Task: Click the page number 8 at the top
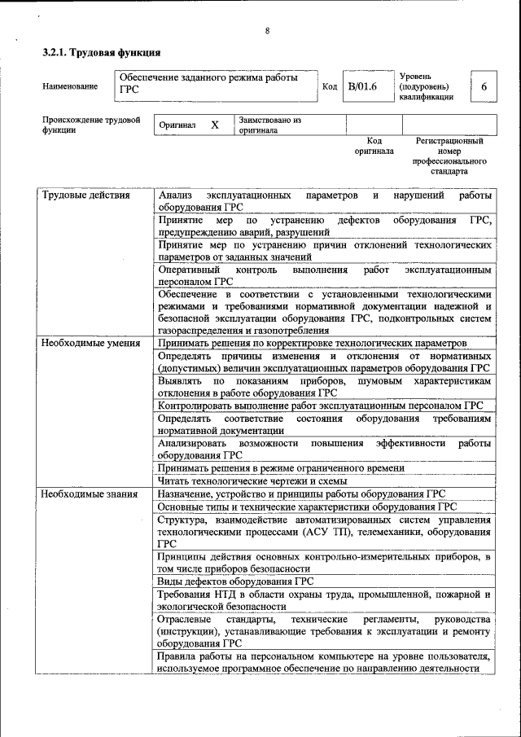pyautogui.click(x=267, y=31)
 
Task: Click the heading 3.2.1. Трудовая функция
pyautogui.click(x=101, y=53)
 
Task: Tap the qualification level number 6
pyautogui.click(x=484, y=86)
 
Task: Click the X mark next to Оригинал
pyautogui.click(x=215, y=125)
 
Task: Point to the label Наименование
pyautogui.click(x=71, y=86)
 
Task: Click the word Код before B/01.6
pyautogui.click(x=330, y=86)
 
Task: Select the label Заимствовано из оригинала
pyautogui.click(x=269, y=125)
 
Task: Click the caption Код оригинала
pyautogui.click(x=374, y=146)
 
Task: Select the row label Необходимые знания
pyautogui.click(x=89, y=494)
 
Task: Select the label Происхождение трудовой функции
pyautogui.click(x=91, y=125)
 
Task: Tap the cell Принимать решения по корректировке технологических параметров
pyautogui.click(x=312, y=344)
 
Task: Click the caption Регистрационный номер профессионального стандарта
pyautogui.click(x=449, y=156)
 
